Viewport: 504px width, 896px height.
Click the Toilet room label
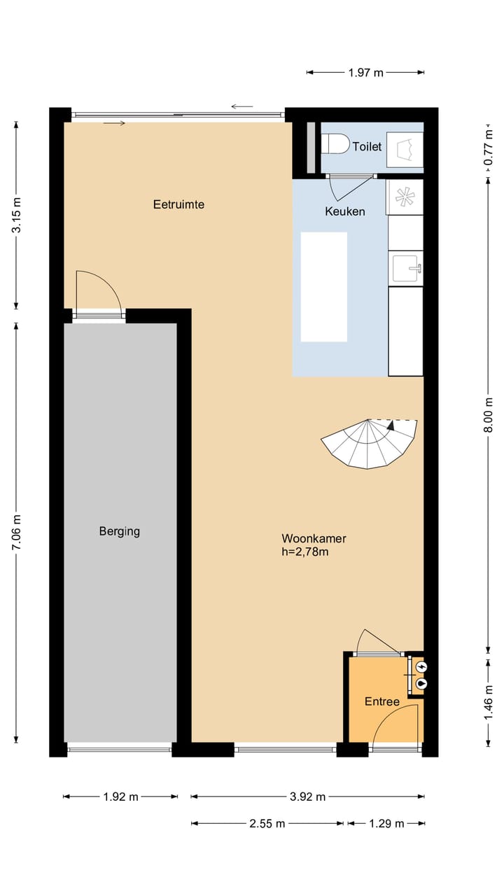(x=367, y=146)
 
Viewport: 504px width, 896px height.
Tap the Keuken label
(x=345, y=211)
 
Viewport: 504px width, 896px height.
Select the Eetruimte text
(x=178, y=204)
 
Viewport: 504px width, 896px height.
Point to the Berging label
(x=120, y=531)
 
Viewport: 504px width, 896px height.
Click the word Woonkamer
(x=314, y=538)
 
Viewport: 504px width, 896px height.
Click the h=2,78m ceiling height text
(x=305, y=552)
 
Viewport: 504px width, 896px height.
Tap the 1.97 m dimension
(x=365, y=73)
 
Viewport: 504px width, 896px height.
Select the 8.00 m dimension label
(x=488, y=415)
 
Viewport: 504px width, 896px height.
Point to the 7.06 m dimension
(x=16, y=532)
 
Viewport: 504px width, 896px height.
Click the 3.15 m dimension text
(x=16, y=215)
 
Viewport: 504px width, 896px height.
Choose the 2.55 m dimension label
(x=267, y=824)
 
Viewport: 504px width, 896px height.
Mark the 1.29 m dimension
(x=386, y=824)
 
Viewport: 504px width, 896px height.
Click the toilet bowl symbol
(x=335, y=143)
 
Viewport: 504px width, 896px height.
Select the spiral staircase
(x=369, y=443)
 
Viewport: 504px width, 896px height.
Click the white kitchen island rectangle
(x=323, y=287)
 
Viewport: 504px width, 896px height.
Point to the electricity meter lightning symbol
(x=421, y=666)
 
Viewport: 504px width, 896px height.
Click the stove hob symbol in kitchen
(x=405, y=197)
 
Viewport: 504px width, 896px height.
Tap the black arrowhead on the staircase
(x=391, y=425)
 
